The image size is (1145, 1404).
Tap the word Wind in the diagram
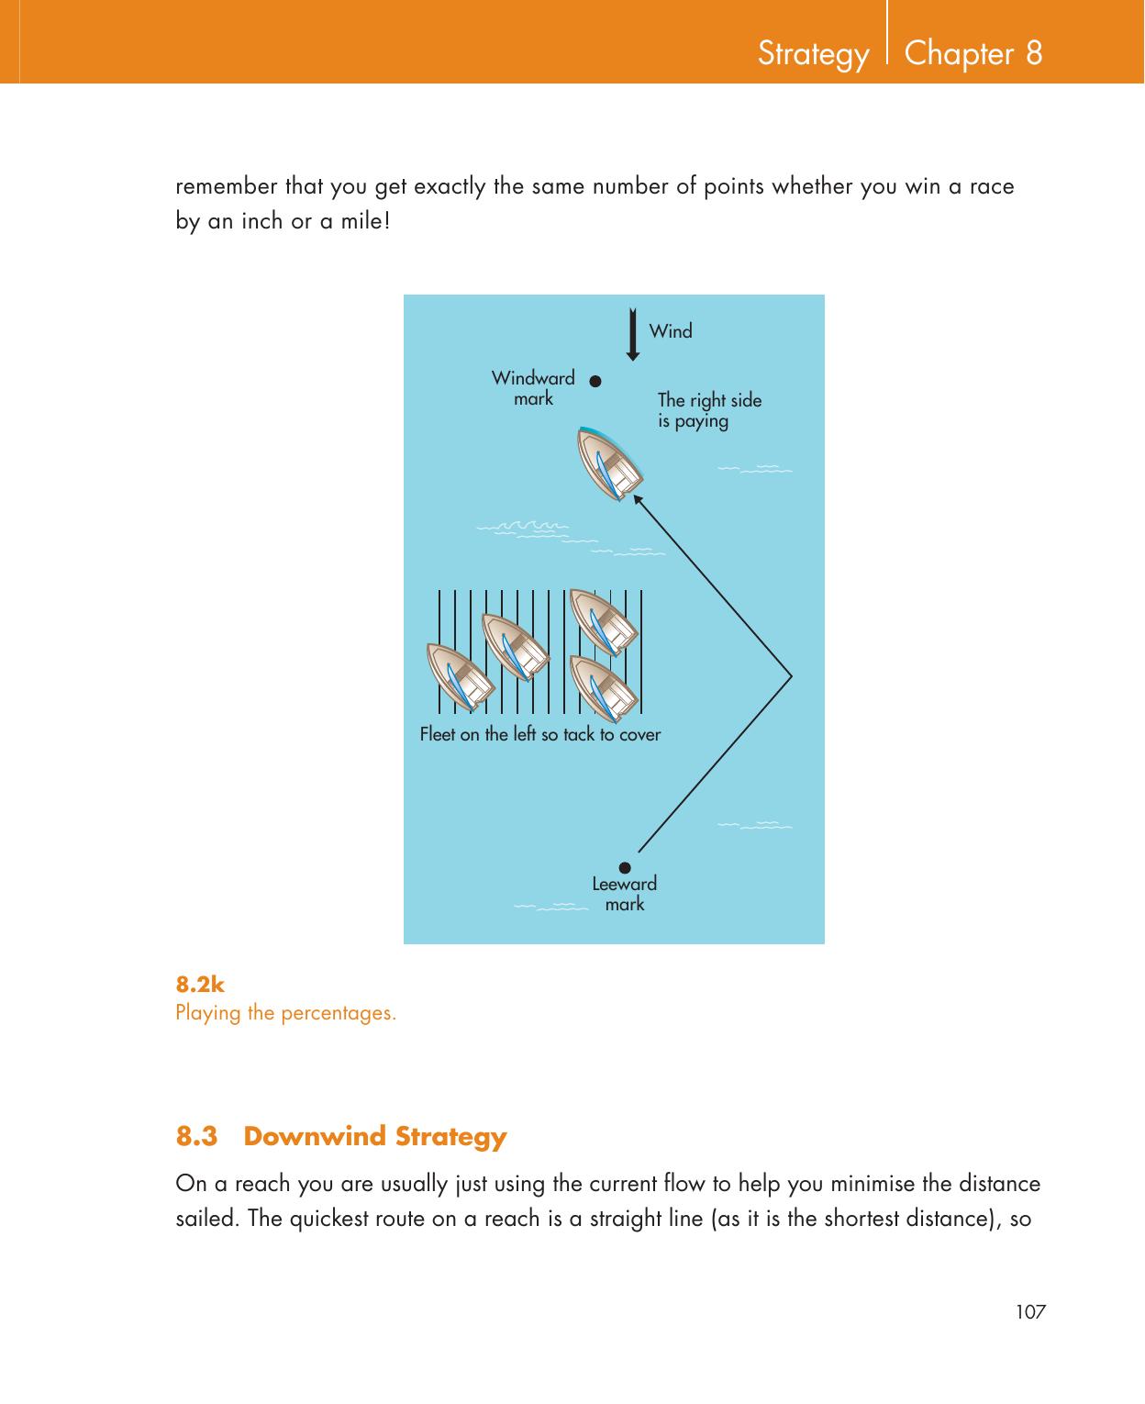[671, 331]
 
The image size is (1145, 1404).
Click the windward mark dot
[595, 380]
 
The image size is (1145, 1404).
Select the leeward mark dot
[624, 867]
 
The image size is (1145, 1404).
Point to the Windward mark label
[533, 388]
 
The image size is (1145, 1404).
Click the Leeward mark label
[624, 894]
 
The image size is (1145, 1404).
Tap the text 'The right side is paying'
[709, 411]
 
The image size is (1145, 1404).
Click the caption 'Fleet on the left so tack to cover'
[539, 734]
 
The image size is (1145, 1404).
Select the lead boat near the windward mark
[609, 464]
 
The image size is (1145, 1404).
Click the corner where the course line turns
[791, 674]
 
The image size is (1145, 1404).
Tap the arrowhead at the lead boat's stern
[638, 499]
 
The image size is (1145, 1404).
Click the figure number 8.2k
[200, 986]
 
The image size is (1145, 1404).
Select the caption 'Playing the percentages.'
[286, 1014]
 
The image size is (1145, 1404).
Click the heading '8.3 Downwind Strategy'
[341, 1136]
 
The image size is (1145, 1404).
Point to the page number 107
[1030, 1312]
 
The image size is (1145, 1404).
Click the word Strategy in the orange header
[813, 54]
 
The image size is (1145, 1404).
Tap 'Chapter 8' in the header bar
[973, 53]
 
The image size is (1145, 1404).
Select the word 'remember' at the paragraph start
[227, 187]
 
